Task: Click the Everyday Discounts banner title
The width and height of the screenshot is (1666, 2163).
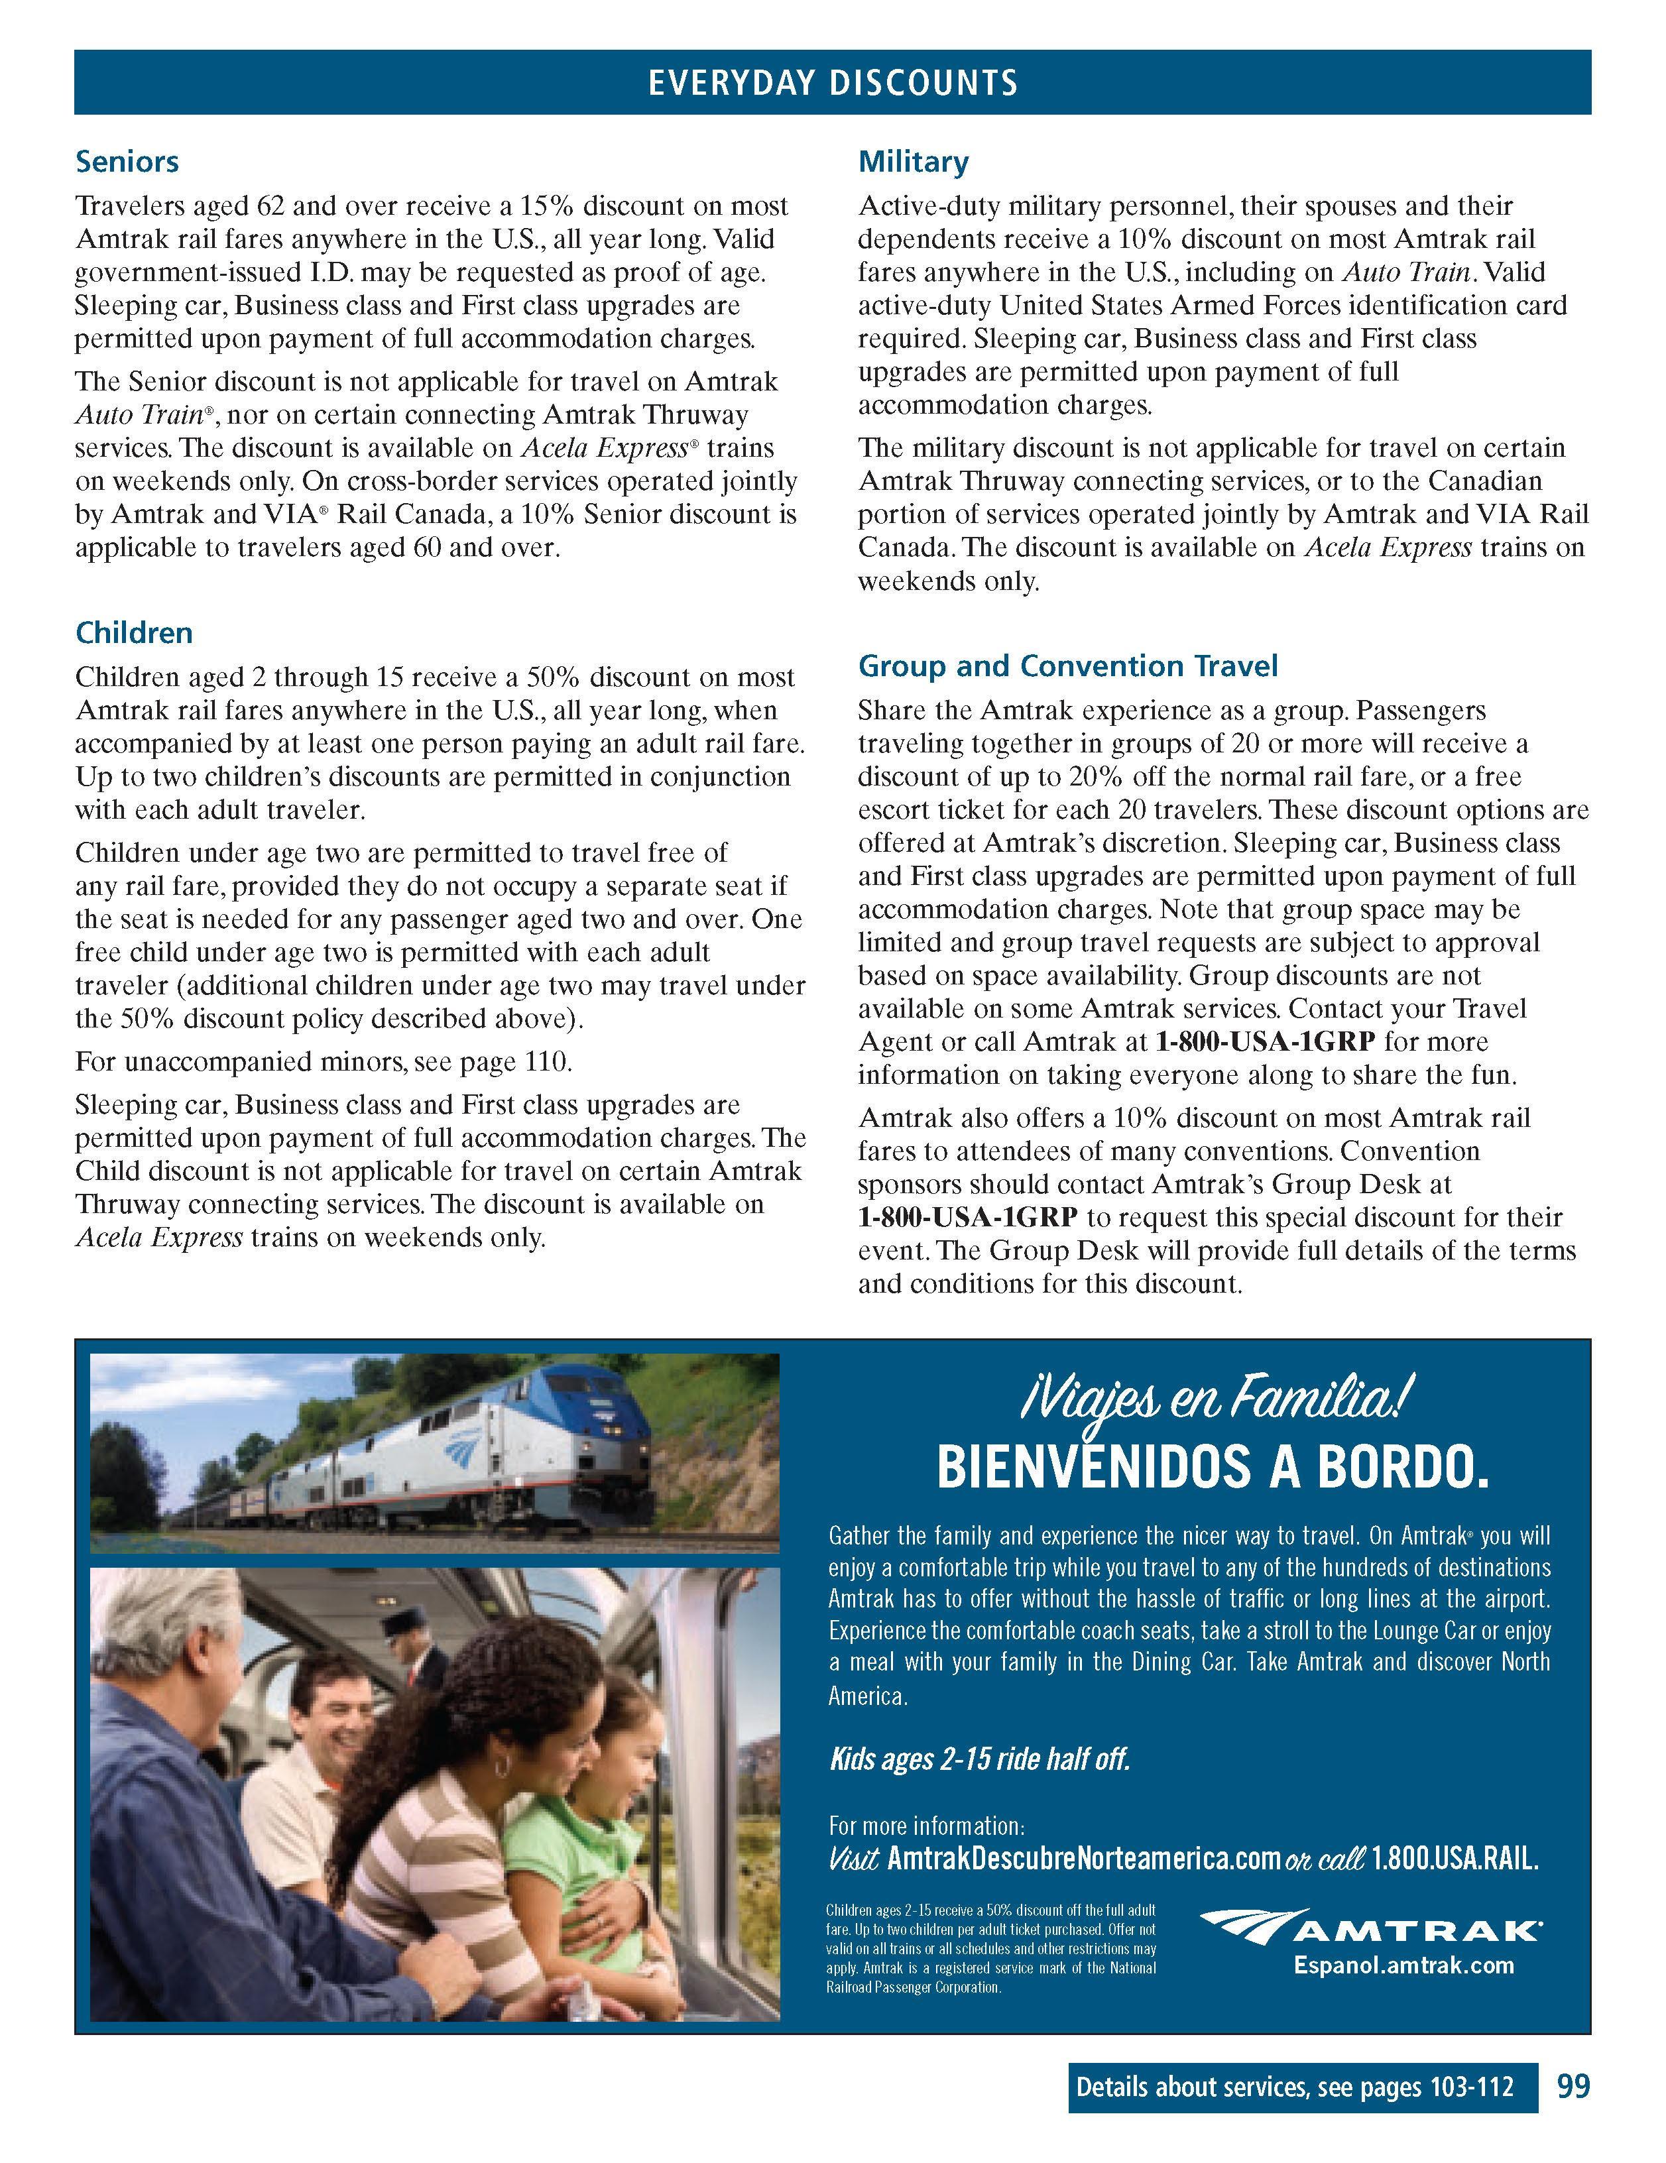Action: click(x=832, y=82)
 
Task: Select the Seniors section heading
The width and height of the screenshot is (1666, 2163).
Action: click(x=127, y=162)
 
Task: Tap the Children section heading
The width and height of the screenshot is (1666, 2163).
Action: click(x=134, y=633)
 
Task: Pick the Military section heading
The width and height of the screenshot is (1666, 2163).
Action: click(x=914, y=162)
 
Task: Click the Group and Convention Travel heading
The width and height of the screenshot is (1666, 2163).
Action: click(x=1068, y=666)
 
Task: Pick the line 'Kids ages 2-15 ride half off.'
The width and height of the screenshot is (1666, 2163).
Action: click(x=979, y=1759)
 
